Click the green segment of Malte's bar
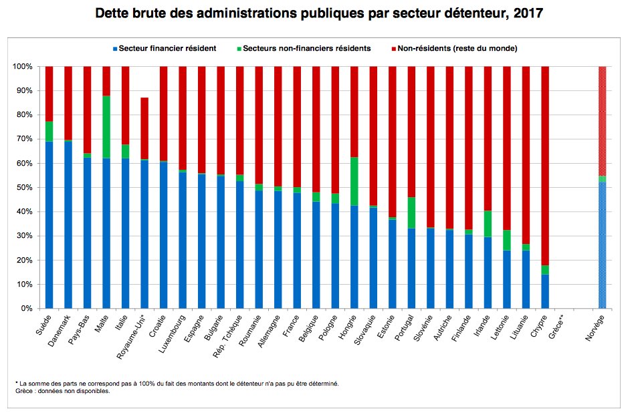point(106,127)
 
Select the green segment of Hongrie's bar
point(354,181)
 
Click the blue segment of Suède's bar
point(49,225)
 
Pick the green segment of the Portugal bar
point(411,213)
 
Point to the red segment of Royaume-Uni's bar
point(144,128)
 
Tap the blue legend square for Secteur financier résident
point(115,49)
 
